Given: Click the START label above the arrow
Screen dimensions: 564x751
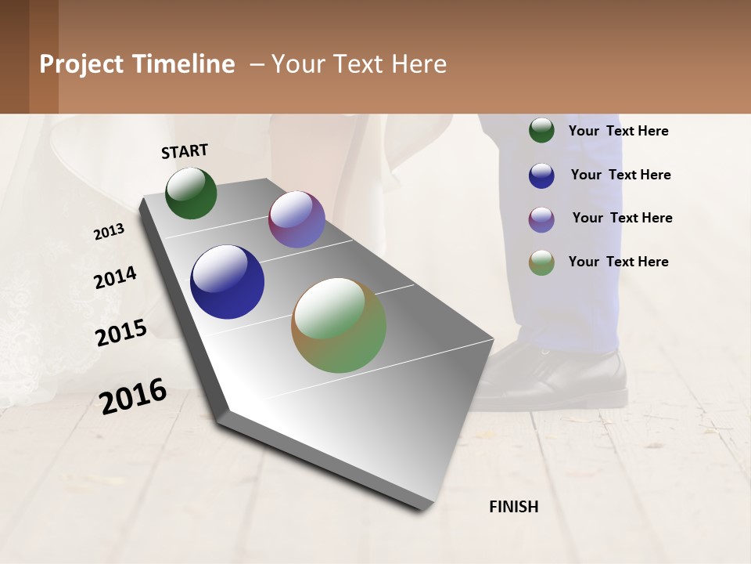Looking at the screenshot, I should [185, 151].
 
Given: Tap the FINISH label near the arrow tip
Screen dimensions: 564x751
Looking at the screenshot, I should [513, 507].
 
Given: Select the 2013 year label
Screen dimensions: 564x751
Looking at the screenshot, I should [109, 231].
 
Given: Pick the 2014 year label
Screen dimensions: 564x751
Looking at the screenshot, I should [115, 278].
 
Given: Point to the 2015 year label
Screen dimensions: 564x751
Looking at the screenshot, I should [120, 333].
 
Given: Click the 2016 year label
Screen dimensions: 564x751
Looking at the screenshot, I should [133, 395].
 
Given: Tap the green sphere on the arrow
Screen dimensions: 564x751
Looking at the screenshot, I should [191, 193].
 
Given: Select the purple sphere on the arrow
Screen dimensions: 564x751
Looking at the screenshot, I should [296, 219].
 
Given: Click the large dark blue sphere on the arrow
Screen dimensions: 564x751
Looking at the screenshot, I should [227, 282].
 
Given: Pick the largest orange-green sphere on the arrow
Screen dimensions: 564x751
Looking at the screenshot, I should [339, 325].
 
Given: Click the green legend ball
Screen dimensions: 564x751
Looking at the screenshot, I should [541, 131].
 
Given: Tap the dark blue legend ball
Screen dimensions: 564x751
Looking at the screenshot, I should [541, 175].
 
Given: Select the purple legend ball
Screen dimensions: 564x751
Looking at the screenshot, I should [541, 219].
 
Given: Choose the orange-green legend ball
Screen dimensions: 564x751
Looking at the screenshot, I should [541, 262].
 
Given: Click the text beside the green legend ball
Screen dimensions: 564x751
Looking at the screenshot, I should [618, 132].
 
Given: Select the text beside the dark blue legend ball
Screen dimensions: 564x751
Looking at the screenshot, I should [620, 175].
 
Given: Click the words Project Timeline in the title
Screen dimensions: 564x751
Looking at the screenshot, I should [137, 64].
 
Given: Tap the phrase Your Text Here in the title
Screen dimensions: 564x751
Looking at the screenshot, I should [358, 64].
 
